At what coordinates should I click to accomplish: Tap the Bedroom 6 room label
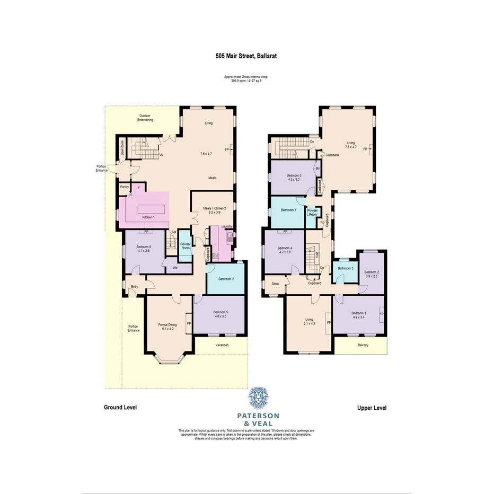(x=143, y=247)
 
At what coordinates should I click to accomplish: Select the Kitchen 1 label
(x=148, y=217)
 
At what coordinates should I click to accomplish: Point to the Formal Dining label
(x=167, y=325)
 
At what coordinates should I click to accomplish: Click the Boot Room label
(x=122, y=147)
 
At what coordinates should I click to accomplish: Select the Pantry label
(x=125, y=187)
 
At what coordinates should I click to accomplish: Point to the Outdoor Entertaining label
(x=145, y=118)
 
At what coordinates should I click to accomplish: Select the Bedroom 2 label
(x=371, y=272)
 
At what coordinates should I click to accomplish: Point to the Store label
(x=275, y=284)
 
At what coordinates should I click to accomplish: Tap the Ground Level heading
(x=120, y=408)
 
